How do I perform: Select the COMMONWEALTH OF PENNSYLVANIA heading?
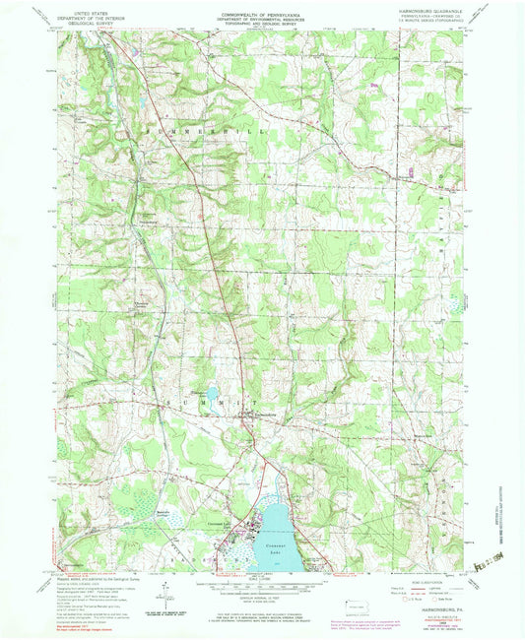[261, 15]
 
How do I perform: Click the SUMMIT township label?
[234, 403]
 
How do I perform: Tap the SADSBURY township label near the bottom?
[197, 565]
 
